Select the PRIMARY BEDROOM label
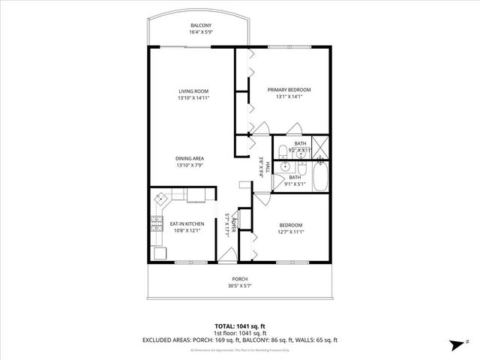point(289,89)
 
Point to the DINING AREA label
point(190,158)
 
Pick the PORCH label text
point(239,279)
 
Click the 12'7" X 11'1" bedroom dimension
point(291,232)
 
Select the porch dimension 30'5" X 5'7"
point(239,286)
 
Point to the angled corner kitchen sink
point(162,200)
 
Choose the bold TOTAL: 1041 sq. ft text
point(239,326)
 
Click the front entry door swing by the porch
point(226,256)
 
